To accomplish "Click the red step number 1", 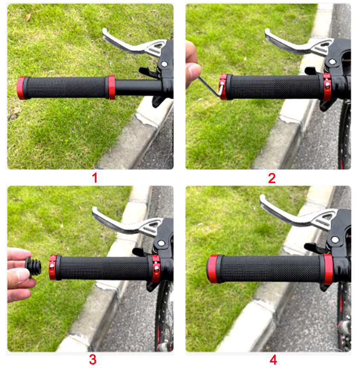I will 95,177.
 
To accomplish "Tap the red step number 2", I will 272,177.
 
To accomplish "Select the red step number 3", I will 93,359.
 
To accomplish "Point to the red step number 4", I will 273,359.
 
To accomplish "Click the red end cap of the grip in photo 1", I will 20,88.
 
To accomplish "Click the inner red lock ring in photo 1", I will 111,87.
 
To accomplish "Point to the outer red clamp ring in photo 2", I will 223,87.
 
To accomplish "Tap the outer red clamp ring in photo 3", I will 52,267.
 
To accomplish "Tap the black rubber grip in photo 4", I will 269,269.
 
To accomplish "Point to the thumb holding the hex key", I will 193,70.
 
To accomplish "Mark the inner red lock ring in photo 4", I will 328,269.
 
